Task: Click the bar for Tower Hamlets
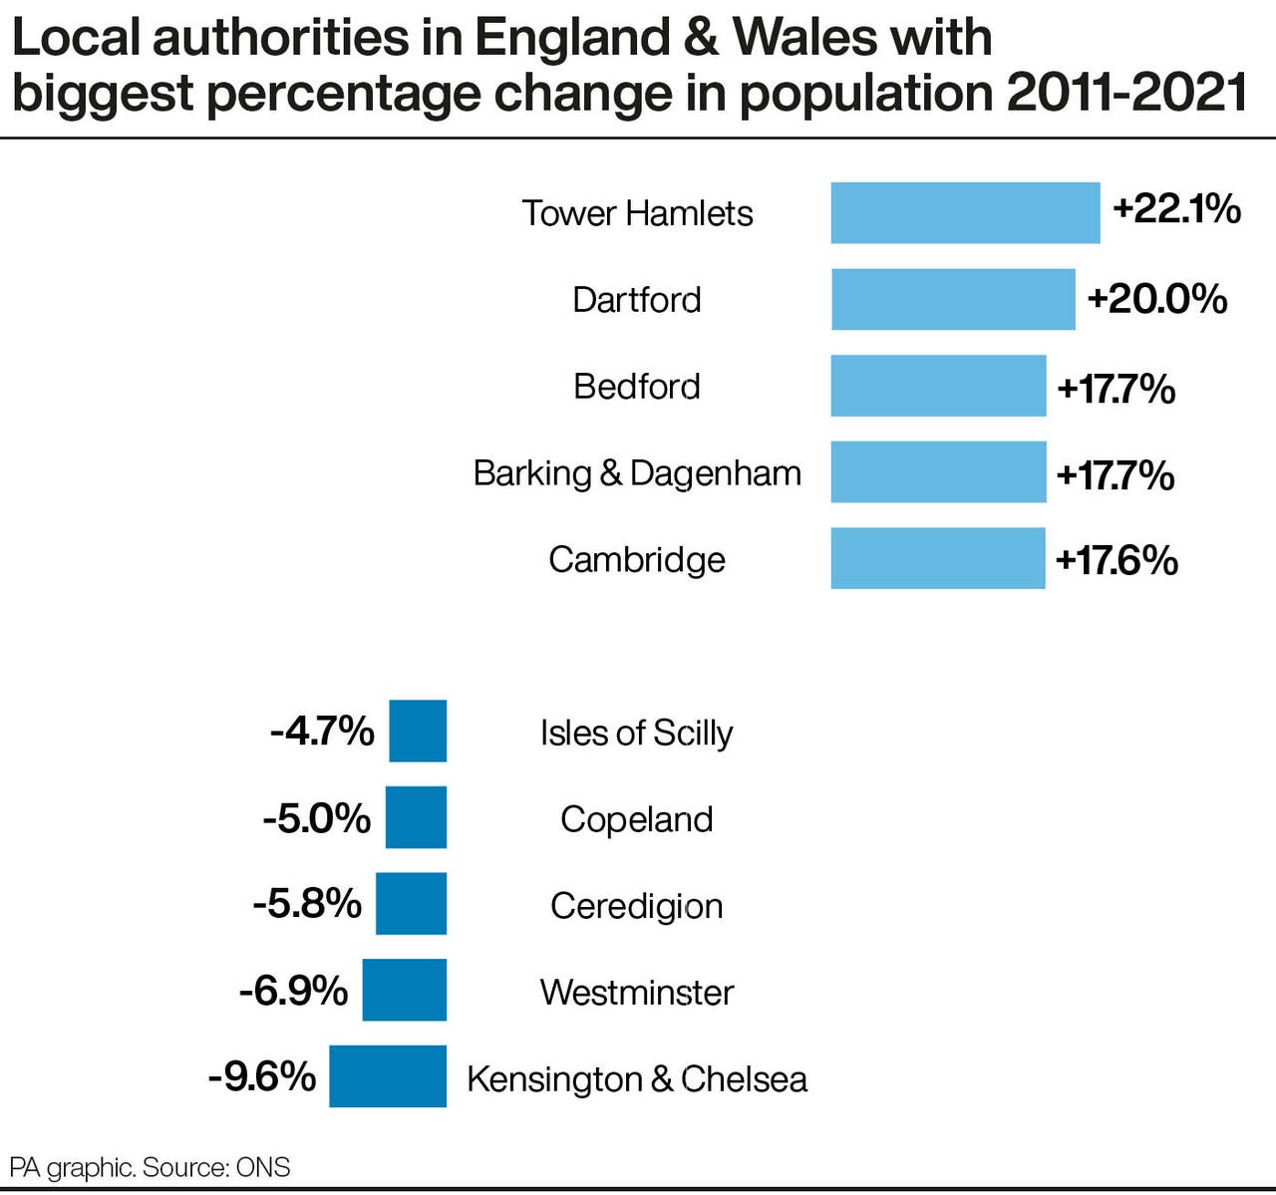click(x=965, y=212)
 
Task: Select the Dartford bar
click(x=953, y=299)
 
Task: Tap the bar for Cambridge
click(x=938, y=558)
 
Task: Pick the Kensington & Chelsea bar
click(x=388, y=1075)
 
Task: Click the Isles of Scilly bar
click(x=418, y=731)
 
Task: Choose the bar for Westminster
click(x=404, y=990)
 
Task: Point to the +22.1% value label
click(x=1176, y=209)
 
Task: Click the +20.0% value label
click(x=1156, y=299)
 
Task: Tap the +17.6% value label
click(x=1116, y=561)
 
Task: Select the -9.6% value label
click(x=262, y=1076)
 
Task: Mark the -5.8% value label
click(x=307, y=904)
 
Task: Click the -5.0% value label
click(x=317, y=818)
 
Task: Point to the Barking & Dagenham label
click(x=637, y=473)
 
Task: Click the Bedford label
click(x=637, y=387)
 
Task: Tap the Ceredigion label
click(x=637, y=906)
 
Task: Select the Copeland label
click(x=637, y=819)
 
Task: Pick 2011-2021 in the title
click(x=1126, y=94)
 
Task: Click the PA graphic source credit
click(x=150, y=1167)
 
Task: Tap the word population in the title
click(x=865, y=94)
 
